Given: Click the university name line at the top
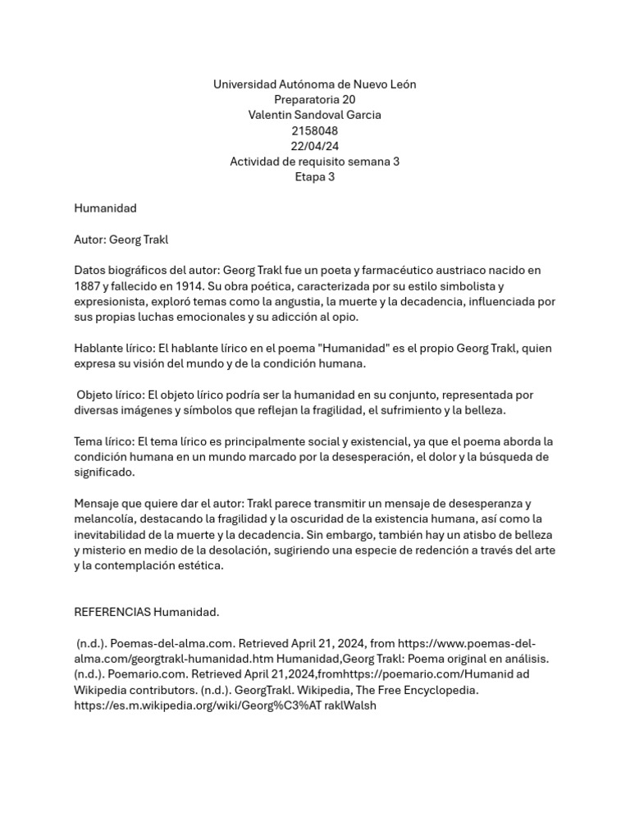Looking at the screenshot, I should tap(315, 84).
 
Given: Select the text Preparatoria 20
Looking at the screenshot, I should tap(315, 100).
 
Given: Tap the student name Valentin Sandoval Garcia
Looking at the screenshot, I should tap(315, 116).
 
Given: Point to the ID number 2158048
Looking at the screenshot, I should tap(315, 130).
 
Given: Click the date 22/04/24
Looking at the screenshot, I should tap(315, 146).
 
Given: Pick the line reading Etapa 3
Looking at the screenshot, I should tap(315, 177).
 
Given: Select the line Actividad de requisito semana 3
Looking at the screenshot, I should tap(315, 162).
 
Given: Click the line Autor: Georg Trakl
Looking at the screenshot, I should tap(121, 240).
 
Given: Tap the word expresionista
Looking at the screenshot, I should tap(110, 302).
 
